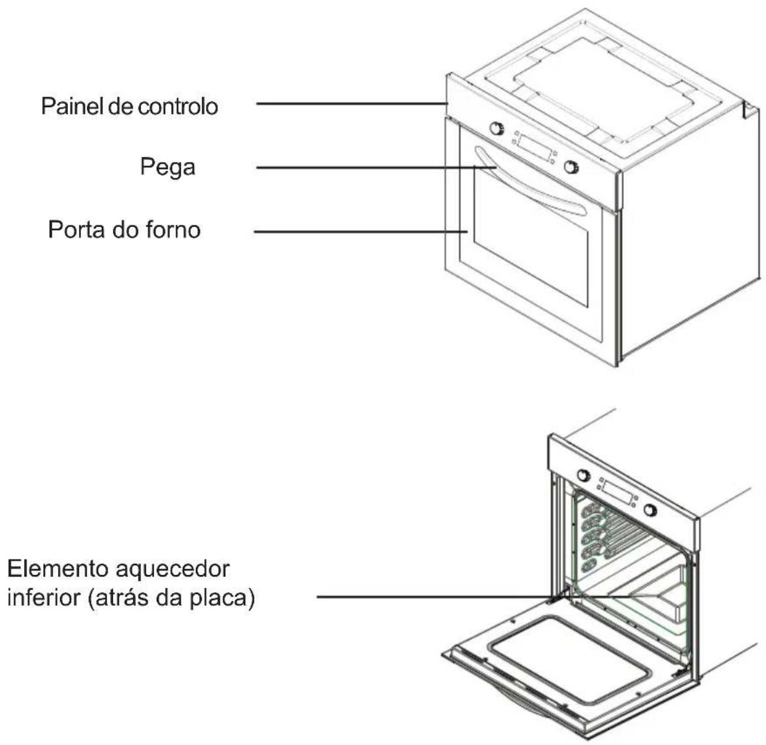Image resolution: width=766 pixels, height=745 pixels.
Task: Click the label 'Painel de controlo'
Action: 129,106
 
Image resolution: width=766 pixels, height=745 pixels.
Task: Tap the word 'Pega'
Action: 168,168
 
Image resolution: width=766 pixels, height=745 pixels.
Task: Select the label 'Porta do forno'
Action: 124,229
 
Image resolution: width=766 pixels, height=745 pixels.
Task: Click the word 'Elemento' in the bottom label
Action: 57,569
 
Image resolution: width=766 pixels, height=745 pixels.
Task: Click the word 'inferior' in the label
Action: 44,597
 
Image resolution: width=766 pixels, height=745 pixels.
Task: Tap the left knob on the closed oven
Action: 497,128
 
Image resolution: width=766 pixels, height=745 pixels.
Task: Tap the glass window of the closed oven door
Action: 530,237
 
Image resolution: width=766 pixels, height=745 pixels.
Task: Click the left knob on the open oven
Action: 583,474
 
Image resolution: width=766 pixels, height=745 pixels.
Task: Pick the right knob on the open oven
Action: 650,510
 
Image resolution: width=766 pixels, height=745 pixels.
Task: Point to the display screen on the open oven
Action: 617,492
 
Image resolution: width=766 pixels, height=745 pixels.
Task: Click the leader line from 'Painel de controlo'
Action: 352,104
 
